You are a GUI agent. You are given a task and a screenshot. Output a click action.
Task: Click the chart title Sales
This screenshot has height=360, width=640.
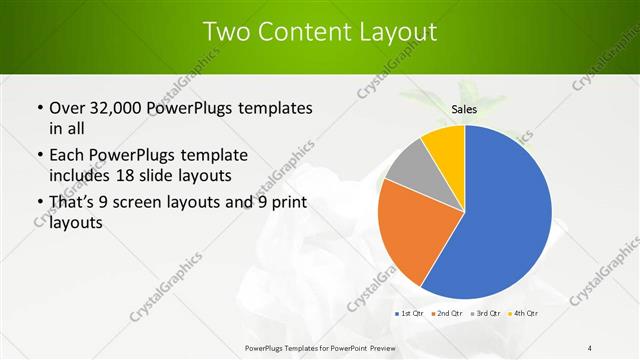[x=463, y=108]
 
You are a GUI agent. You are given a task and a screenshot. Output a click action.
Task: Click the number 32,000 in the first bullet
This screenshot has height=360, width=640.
[x=116, y=108]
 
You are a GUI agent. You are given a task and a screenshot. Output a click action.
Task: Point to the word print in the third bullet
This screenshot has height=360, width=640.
[x=283, y=202]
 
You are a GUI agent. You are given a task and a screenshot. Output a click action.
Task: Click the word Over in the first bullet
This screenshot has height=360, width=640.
[x=67, y=108]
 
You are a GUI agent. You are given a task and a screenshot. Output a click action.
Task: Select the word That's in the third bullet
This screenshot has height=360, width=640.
[x=74, y=202]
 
